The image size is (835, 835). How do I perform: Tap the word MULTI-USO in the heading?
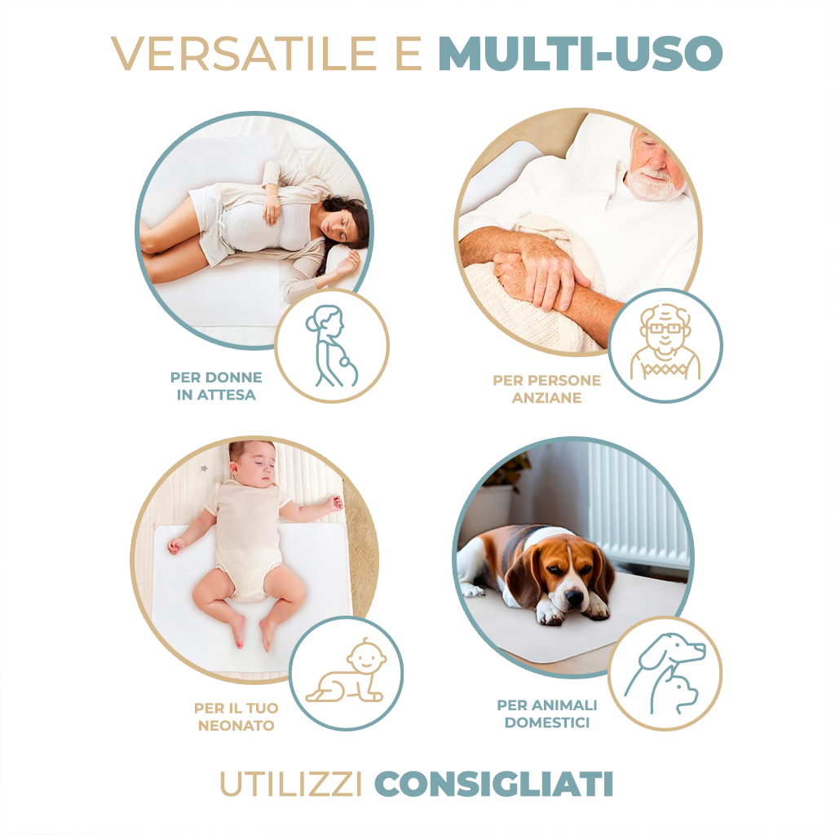pyautogui.click(x=580, y=54)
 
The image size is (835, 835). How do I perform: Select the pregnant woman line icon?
pyautogui.click(x=331, y=346)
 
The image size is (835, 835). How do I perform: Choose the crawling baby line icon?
pyautogui.click(x=346, y=674)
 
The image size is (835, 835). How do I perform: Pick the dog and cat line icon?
pyautogui.click(x=665, y=674)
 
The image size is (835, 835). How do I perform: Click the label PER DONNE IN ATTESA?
pyautogui.click(x=216, y=387)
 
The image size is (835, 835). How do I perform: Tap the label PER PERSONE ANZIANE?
pyautogui.click(x=546, y=389)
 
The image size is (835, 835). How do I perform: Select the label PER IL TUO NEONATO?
pyautogui.click(x=236, y=717)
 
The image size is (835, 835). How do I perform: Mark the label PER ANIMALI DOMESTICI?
pyautogui.click(x=546, y=714)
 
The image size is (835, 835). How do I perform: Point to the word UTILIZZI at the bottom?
pyautogui.click(x=291, y=784)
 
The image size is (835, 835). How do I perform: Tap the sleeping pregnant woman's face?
pyautogui.click(x=342, y=228)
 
